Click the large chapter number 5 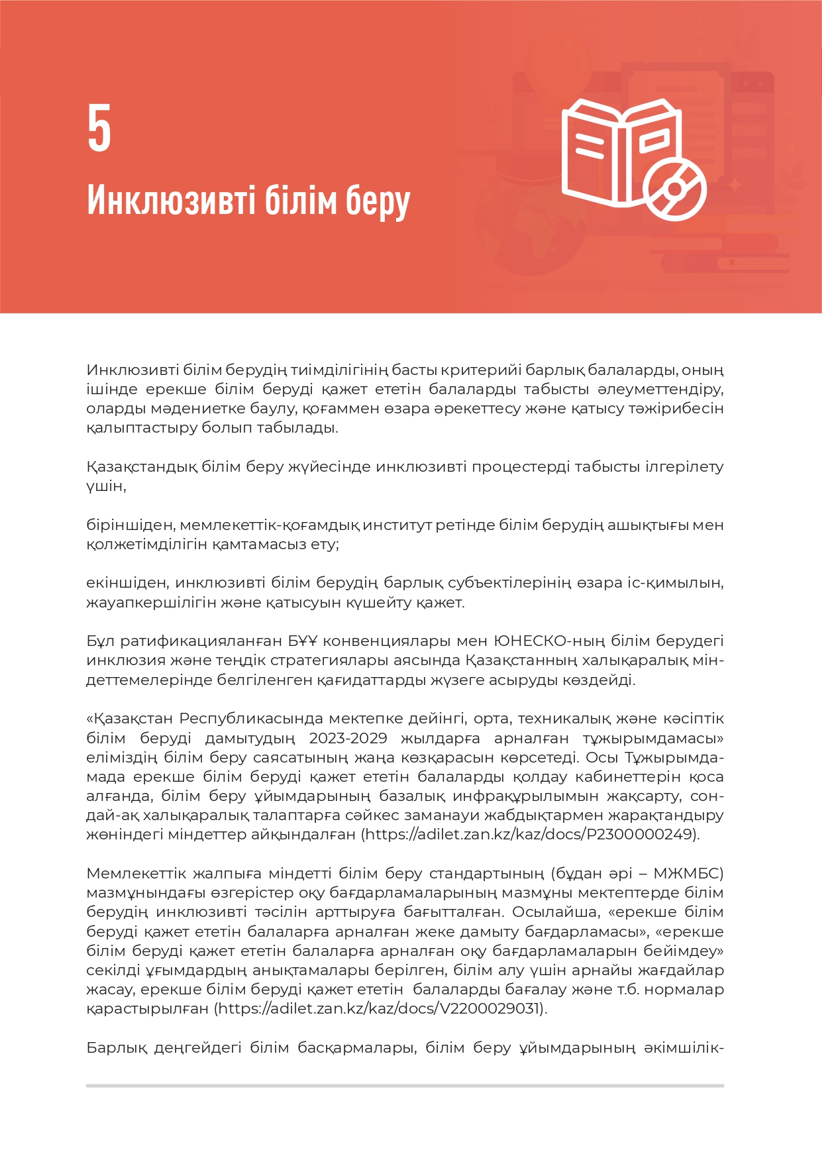tap(99, 129)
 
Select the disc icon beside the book tap(674, 189)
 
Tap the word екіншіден tap(126, 583)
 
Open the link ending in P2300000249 tap(531, 834)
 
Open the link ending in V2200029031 tap(380, 1008)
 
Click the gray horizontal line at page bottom tap(405, 1086)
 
